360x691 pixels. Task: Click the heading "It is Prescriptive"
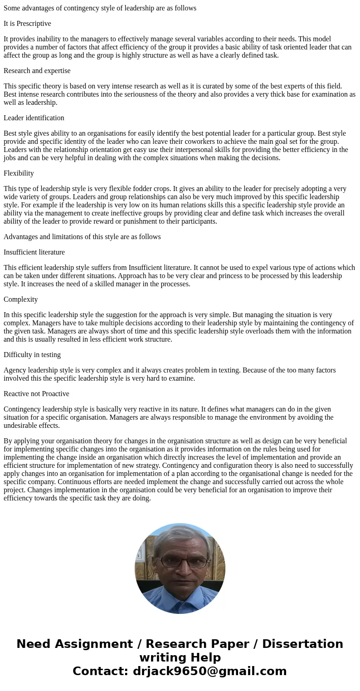click(27, 24)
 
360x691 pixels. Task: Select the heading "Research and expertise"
click(37, 71)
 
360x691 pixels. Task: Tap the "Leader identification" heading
click(34, 118)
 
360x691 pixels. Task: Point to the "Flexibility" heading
click(19, 173)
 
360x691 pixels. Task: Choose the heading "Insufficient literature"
click(34, 252)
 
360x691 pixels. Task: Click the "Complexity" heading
click(21, 299)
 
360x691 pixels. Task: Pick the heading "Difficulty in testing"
click(32, 355)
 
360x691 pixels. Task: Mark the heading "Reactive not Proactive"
click(36, 394)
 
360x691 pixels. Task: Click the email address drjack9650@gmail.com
click(209, 671)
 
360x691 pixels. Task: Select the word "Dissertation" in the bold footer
click(302, 644)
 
